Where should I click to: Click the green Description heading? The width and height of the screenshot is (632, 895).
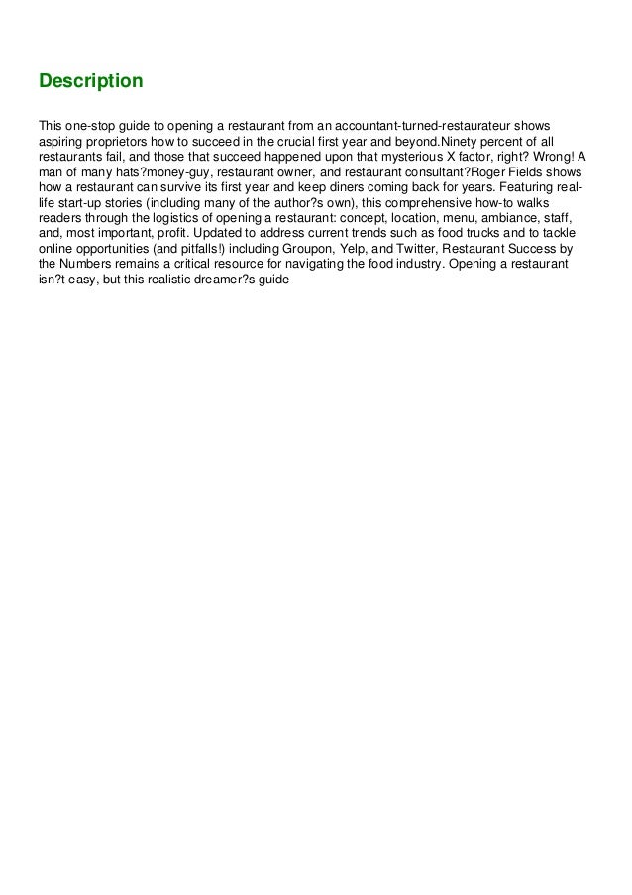(x=90, y=79)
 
